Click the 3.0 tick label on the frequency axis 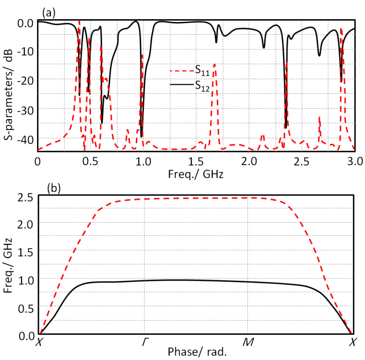click(355, 162)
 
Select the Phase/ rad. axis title click(196, 352)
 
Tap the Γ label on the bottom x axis click(144, 343)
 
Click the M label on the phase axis click(248, 343)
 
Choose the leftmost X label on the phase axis click(38, 343)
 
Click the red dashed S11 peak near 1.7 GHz click(215, 65)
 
